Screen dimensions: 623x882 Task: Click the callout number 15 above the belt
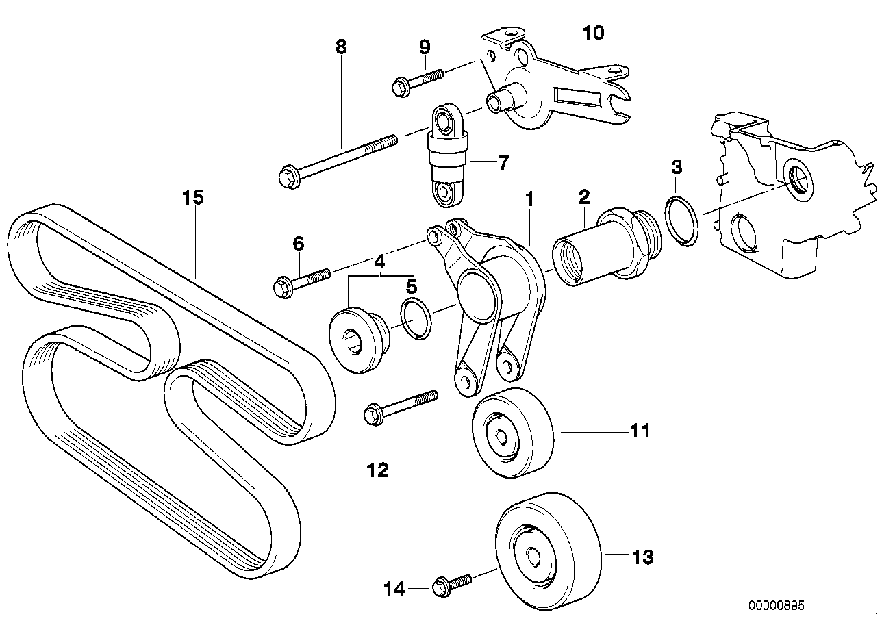[x=193, y=199]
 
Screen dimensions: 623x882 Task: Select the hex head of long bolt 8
[x=286, y=177]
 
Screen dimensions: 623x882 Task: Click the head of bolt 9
[x=400, y=86]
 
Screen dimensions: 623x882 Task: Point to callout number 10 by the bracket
[x=593, y=32]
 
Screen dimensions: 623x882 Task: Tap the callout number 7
[x=503, y=163]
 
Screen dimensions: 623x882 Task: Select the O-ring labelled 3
[x=681, y=219]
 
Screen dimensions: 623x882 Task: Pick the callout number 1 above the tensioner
[x=529, y=199]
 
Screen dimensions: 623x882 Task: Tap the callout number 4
[x=379, y=261]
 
